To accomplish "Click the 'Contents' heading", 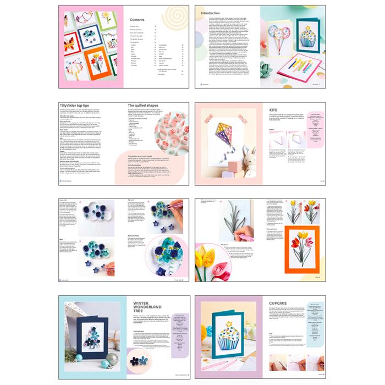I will coord(137,18).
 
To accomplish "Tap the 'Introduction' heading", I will coord(210,13).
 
